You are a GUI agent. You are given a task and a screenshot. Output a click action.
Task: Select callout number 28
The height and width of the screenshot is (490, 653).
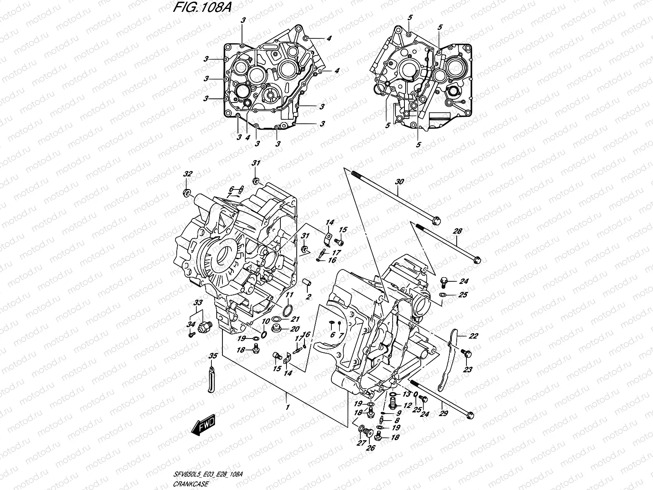[x=458, y=231]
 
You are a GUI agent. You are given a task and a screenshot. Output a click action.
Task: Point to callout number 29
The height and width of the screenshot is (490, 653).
[x=443, y=413]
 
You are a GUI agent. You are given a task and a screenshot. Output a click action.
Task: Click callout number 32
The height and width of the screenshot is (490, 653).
[x=187, y=174]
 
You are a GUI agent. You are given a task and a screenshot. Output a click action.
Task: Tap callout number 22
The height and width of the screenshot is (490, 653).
[x=462, y=336]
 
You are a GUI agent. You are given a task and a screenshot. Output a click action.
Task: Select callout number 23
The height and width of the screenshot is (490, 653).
[x=468, y=370]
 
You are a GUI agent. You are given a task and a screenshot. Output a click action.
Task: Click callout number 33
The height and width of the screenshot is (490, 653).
[x=198, y=303]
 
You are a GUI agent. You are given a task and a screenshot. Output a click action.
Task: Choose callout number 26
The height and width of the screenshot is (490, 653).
[x=371, y=448]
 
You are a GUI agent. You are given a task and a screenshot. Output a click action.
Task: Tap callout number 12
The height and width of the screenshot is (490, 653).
[x=406, y=405]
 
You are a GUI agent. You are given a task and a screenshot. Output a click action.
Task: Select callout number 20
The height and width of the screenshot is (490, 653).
[x=294, y=330]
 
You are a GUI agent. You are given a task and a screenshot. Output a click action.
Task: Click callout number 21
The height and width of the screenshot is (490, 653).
[x=295, y=319]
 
